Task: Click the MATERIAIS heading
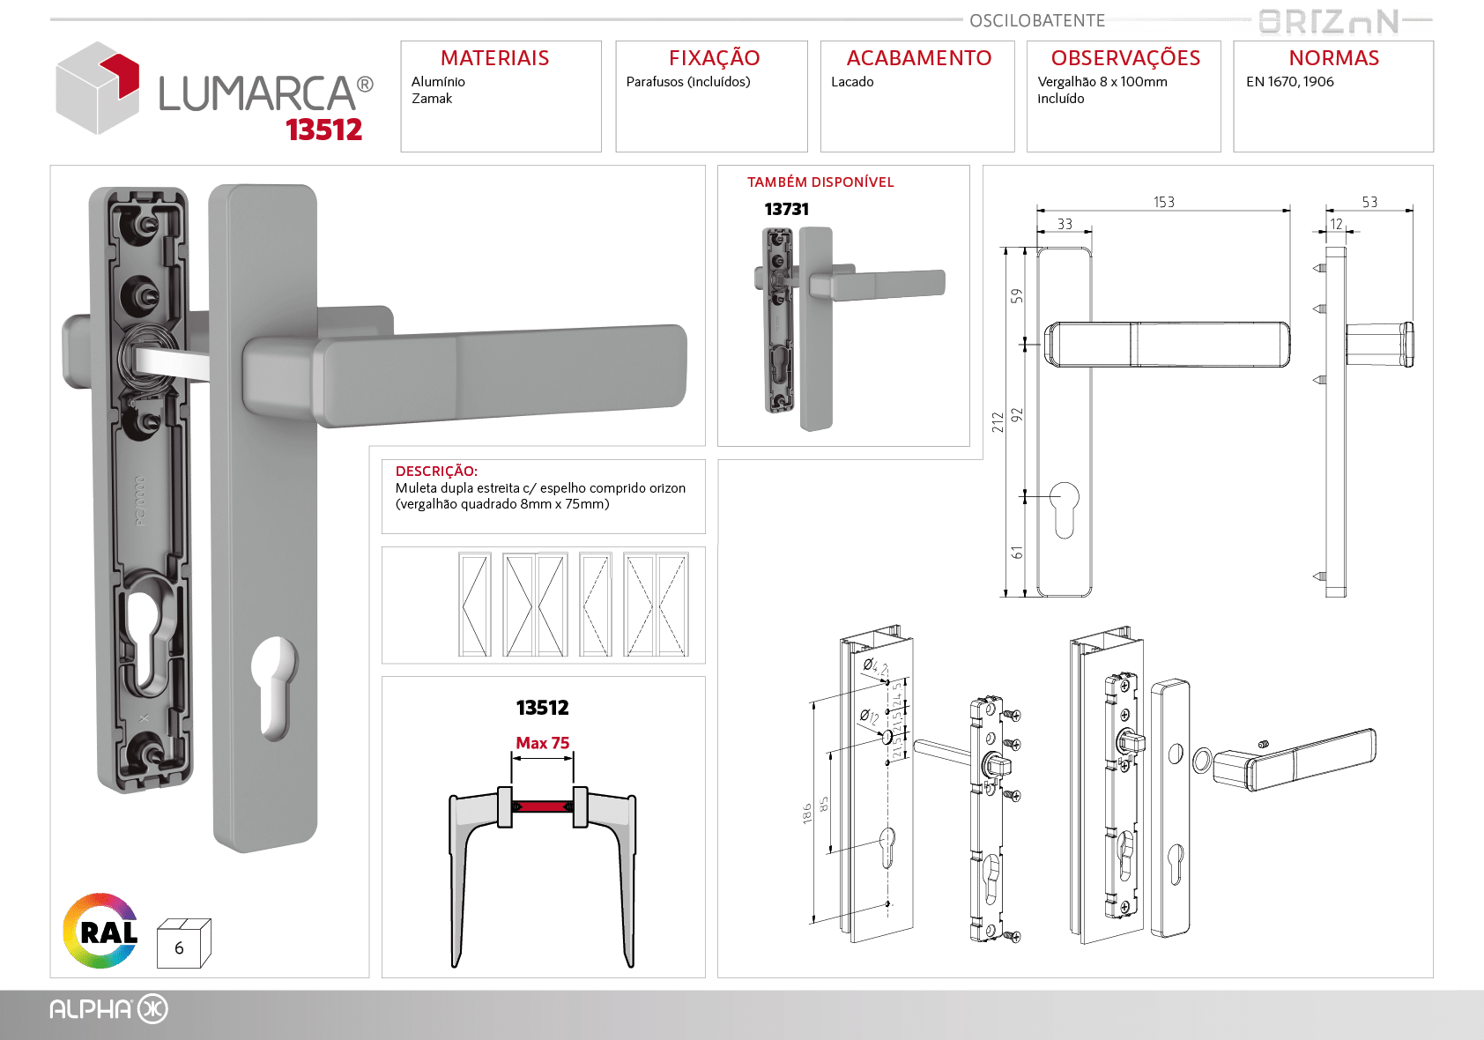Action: [x=494, y=58]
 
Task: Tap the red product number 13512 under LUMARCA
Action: [x=324, y=130]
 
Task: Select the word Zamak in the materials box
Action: [x=431, y=99]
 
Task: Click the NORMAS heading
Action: [x=1333, y=58]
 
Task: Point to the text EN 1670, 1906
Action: [x=1289, y=82]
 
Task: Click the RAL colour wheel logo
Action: [x=100, y=931]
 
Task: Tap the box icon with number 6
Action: [x=183, y=943]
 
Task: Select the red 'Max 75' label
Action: [x=543, y=743]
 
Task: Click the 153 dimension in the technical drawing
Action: [x=1163, y=202]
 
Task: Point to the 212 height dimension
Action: [x=998, y=423]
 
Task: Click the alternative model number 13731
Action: [x=786, y=210]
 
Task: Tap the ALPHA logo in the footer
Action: [x=109, y=1009]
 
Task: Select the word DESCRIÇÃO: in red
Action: [x=436, y=471]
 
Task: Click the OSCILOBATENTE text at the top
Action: [x=1037, y=20]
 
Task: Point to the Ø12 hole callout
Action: [x=869, y=717]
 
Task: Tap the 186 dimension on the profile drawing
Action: [x=807, y=814]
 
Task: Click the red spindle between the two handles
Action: [x=543, y=806]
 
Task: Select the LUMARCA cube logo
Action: [x=98, y=88]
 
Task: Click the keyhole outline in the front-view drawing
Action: [x=1064, y=509]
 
